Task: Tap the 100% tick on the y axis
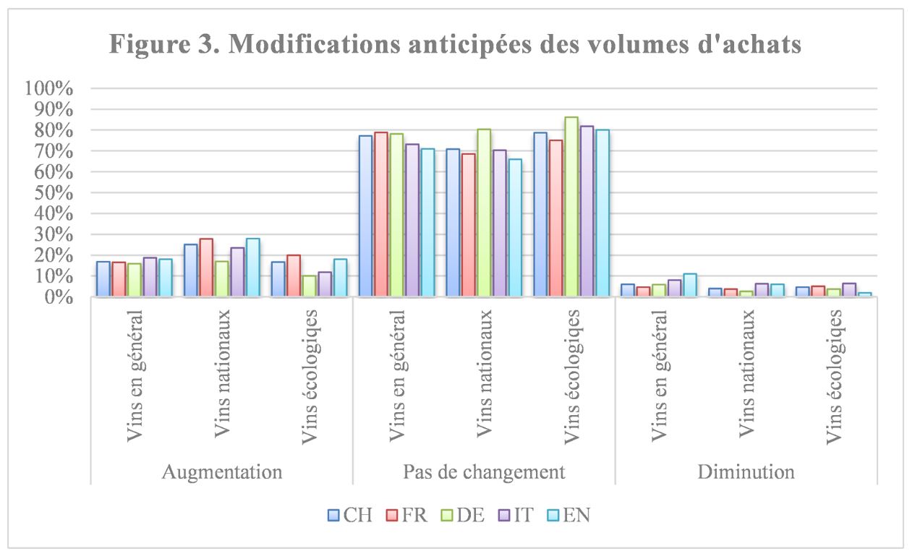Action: click(x=49, y=89)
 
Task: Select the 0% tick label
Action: click(x=59, y=297)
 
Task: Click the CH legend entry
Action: click(x=350, y=515)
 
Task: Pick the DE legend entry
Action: click(x=464, y=515)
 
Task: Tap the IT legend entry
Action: click(x=519, y=515)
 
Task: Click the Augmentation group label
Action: click(x=221, y=472)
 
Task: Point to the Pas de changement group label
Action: click(x=483, y=472)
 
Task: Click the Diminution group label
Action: click(x=746, y=472)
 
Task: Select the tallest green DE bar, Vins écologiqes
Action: click(x=571, y=207)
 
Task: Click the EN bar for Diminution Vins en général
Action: click(x=689, y=286)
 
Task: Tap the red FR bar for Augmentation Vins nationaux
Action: click(x=206, y=268)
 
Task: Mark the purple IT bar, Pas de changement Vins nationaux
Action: click(x=499, y=223)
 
